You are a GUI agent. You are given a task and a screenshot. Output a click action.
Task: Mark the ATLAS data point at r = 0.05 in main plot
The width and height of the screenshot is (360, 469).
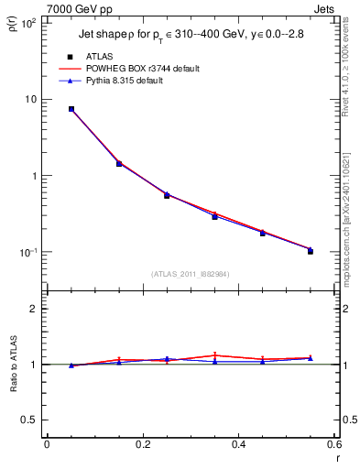[x=71, y=109]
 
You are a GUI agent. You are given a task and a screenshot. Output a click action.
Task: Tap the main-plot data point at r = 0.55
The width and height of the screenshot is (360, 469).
[x=310, y=251]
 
